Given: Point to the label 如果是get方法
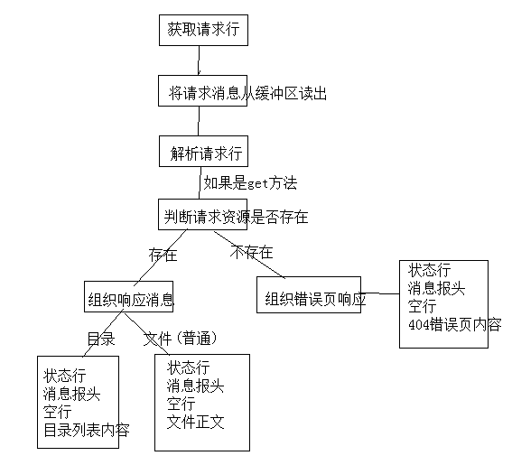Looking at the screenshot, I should click(249, 182).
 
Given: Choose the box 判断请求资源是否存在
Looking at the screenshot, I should click(236, 216).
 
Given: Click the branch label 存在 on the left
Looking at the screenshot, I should click(163, 255).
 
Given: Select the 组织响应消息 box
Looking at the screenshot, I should click(130, 299).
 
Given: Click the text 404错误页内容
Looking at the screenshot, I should click(455, 324).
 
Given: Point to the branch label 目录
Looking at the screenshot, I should click(100, 339).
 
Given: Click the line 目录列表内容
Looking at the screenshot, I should click(86, 430).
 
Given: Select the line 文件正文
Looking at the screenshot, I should click(195, 422).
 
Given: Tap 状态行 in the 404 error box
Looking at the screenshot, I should click(429, 270).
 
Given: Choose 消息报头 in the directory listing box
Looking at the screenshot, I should click(71, 394).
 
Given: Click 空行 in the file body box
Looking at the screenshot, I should click(182, 404).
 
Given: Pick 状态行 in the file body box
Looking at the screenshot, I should click(188, 367).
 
